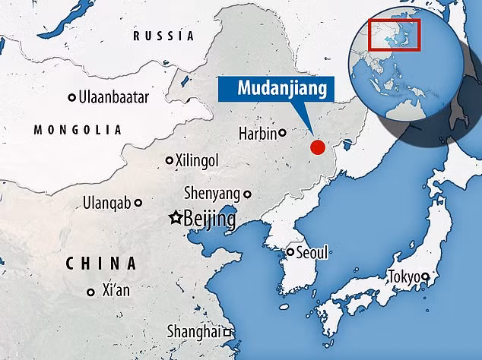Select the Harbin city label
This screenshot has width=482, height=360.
click(258, 132)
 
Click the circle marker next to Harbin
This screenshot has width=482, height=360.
click(282, 133)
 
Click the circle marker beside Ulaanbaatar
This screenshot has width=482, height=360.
click(72, 97)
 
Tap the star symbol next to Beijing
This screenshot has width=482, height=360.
click(176, 218)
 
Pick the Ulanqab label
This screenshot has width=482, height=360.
click(108, 203)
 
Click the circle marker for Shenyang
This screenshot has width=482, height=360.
click(246, 194)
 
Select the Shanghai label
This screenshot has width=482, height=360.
click(194, 332)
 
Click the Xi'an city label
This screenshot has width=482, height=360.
click(119, 291)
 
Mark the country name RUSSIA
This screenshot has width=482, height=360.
click(163, 36)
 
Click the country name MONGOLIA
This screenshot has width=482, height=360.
click(78, 130)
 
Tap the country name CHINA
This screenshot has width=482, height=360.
click(101, 264)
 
